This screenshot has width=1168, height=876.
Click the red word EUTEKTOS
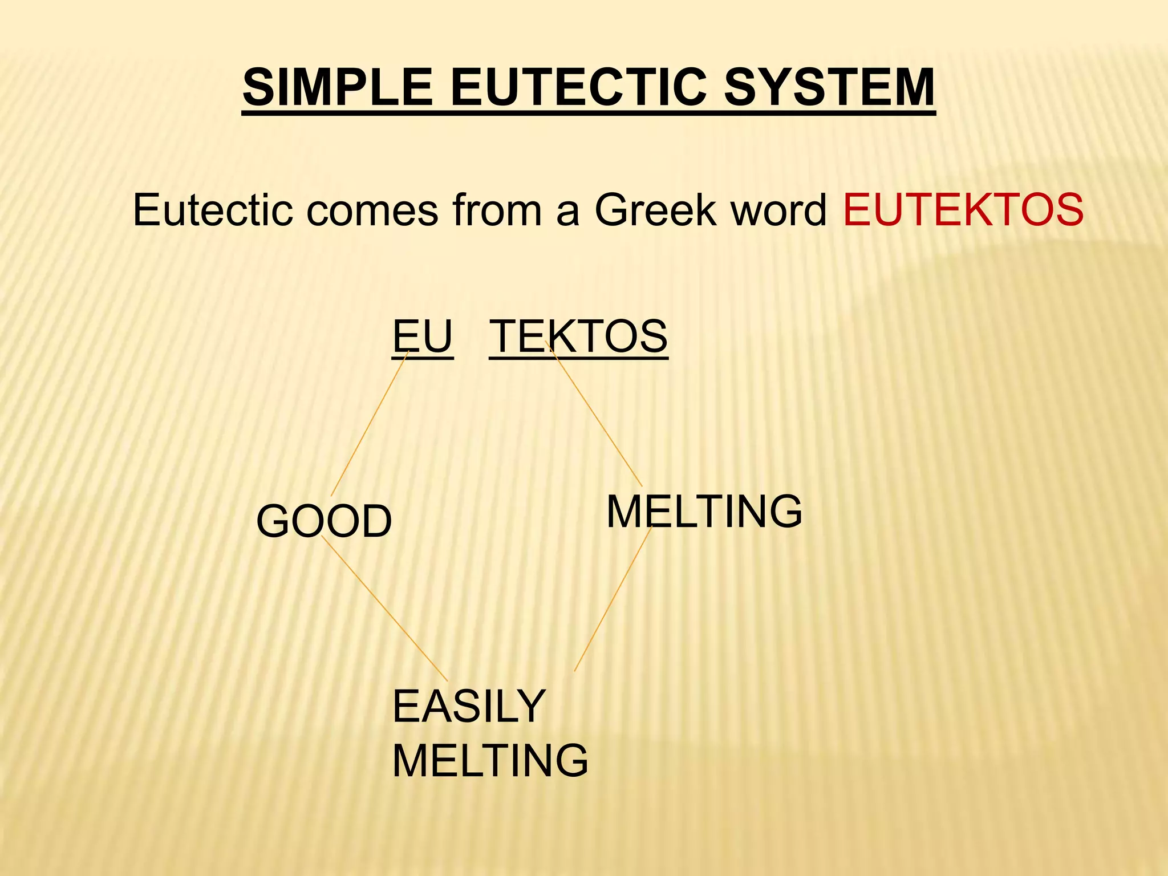click(x=963, y=210)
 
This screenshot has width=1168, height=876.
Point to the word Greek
click(x=655, y=210)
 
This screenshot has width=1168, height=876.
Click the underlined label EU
click(x=423, y=336)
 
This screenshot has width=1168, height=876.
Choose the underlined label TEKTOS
click(x=578, y=336)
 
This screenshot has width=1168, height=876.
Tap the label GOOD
click(x=324, y=521)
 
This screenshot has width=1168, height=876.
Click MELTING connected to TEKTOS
click(x=704, y=512)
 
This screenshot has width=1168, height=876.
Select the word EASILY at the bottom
click(x=469, y=706)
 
